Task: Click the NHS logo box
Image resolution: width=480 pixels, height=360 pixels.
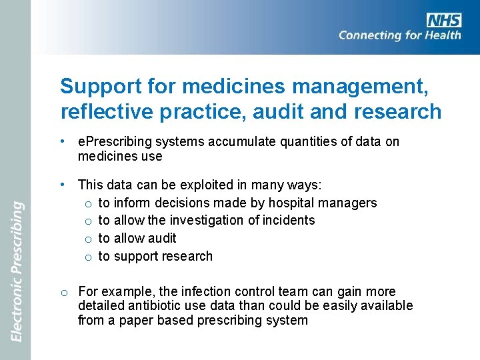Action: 443,20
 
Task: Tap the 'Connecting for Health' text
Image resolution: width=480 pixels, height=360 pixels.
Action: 399,35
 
